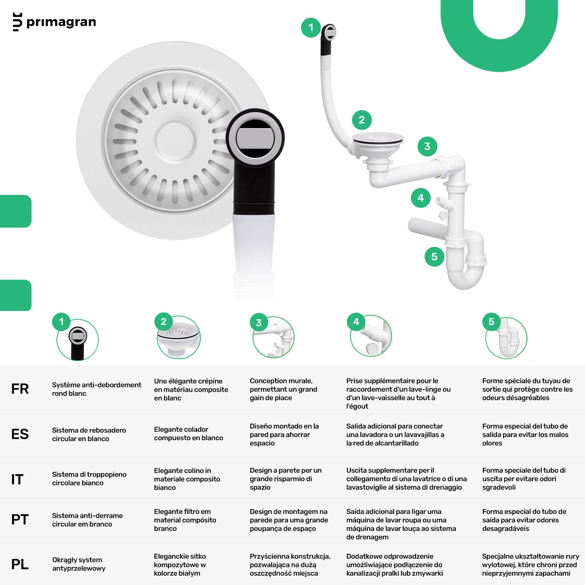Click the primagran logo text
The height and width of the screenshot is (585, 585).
click(x=61, y=23)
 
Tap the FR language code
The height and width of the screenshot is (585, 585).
click(x=20, y=389)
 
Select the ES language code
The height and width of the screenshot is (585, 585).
click(x=20, y=434)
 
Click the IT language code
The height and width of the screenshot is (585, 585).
click(x=17, y=480)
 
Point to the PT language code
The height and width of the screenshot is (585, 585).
click(x=20, y=519)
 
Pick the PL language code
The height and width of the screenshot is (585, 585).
click(x=20, y=565)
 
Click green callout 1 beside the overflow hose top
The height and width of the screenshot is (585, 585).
click(x=311, y=28)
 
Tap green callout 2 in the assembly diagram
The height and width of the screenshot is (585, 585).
click(x=362, y=120)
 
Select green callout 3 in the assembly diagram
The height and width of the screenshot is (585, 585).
click(x=427, y=147)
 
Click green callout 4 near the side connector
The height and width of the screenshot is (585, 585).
click(x=421, y=198)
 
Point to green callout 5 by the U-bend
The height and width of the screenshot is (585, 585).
click(x=435, y=257)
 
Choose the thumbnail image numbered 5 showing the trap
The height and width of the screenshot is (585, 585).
click(x=506, y=338)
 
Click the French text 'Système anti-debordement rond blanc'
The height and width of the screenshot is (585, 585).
click(x=97, y=389)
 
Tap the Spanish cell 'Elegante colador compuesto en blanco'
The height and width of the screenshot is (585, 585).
click(x=188, y=433)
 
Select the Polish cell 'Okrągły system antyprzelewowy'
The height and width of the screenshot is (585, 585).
click(x=79, y=564)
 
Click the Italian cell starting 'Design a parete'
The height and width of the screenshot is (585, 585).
click(x=285, y=479)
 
